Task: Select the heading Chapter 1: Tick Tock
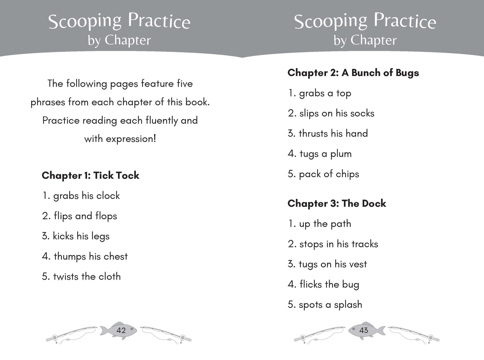[x=90, y=175]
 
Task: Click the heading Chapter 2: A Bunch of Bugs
[x=353, y=73]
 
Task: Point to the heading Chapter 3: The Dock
[x=337, y=204]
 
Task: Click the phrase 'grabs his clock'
[x=86, y=196]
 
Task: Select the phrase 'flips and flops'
[x=85, y=216]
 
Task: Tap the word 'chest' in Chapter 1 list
[x=116, y=257]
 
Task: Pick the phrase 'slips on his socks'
[x=337, y=114]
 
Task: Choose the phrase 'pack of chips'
[x=329, y=174]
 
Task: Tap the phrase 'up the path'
[x=325, y=224]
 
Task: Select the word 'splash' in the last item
[x=348, y=305]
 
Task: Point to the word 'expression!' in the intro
[x=131, y=139]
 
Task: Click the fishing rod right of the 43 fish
[x=413, y=334]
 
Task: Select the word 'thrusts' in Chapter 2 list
[x=313, y=134]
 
